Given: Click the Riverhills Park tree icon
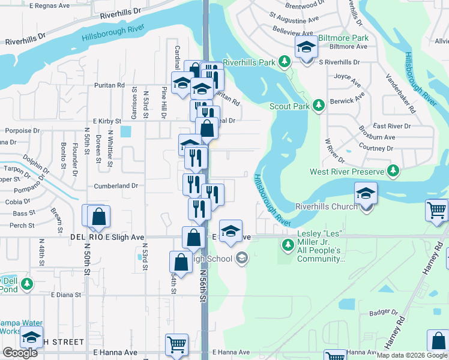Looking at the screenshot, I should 285,62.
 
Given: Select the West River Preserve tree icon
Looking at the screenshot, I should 393,172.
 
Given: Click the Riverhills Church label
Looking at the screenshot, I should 327,206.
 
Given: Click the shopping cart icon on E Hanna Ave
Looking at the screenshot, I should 177,344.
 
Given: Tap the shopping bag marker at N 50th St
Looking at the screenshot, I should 98,217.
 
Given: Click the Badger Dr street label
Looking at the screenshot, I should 384,313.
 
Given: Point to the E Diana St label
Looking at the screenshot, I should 66,295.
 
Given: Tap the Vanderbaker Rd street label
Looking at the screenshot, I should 400,94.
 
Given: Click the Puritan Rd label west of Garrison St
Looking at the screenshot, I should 109,85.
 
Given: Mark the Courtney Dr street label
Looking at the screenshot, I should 376,148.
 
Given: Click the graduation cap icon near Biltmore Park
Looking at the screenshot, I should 306,46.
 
